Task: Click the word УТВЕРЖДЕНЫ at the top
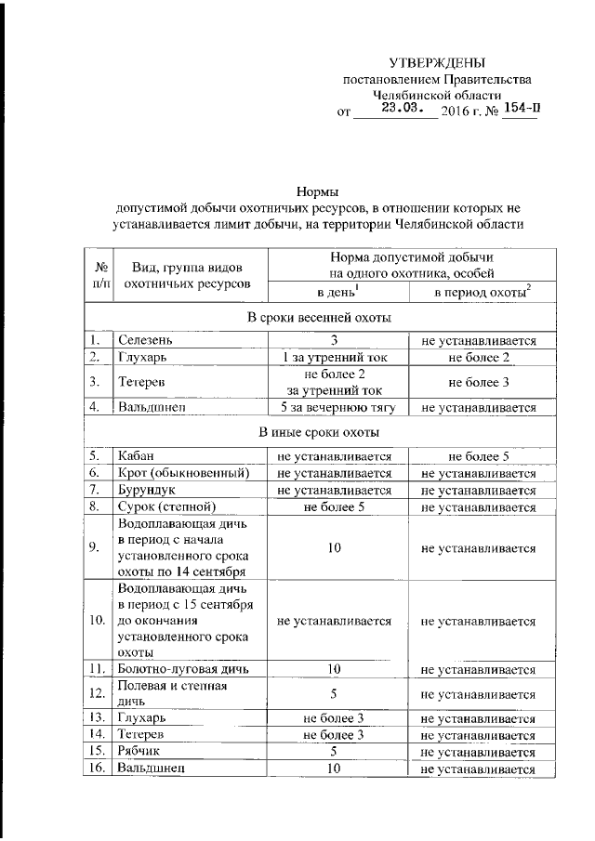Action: coord(436,62)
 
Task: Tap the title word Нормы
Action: coord(315,190)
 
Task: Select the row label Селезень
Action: coord(144,341)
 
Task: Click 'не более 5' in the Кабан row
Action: coord(479,456)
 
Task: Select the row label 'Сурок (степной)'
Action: coord(166,506)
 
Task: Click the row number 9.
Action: coord(96,547)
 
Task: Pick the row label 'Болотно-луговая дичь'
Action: coord(182,668)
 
